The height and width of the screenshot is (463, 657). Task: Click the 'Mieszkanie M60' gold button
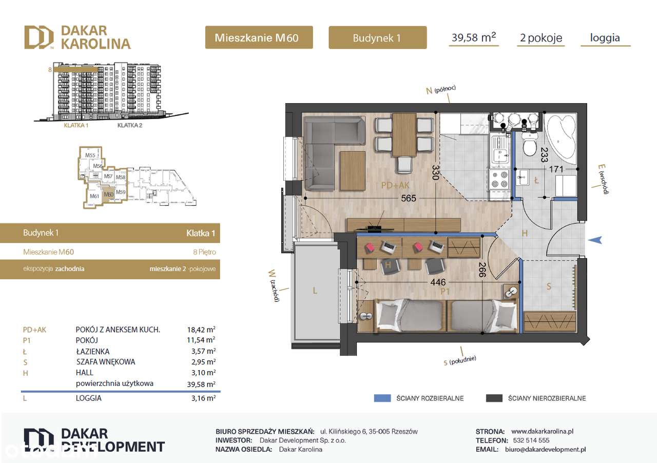(x=259, y=37)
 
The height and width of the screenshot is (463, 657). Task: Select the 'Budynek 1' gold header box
(x=377, y=37)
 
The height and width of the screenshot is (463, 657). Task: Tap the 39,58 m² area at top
(x=473, y=37)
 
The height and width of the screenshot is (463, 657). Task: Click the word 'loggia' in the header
(x=605, y=37)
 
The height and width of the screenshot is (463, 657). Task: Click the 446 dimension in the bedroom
(x=437, y=282)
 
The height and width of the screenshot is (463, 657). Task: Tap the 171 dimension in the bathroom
(x=557, y=169)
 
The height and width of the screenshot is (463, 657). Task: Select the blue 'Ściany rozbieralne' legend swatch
(x=382, y=398)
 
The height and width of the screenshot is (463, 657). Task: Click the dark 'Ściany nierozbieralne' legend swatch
(x=493, y=398)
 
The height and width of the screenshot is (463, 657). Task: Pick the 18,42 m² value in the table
(x=201, y=330)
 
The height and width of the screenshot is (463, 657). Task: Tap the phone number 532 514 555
(x=530, y=440)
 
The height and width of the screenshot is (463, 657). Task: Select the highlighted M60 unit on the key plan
(x=108, y=195)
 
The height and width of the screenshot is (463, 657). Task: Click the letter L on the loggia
(x=315, y=291)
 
